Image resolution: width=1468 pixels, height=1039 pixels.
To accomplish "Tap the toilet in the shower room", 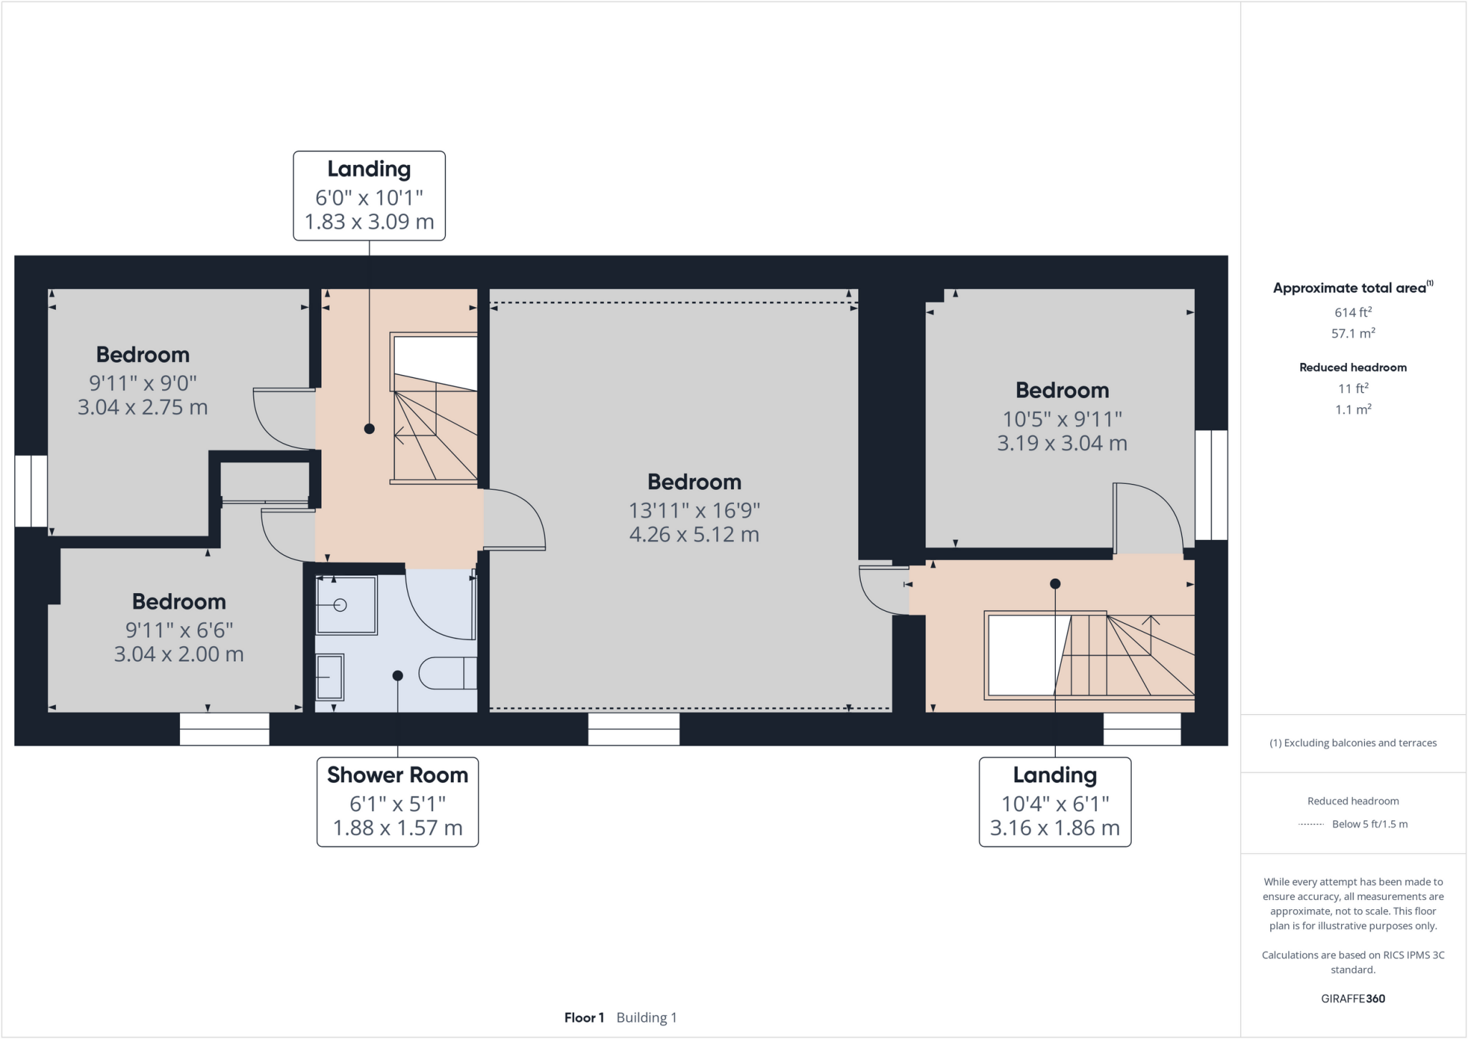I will click(x=447, y=673).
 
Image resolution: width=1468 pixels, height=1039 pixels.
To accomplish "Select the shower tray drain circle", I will click(x=340, y=605).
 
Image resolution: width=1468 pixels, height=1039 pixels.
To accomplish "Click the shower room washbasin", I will click(x=330, y=676).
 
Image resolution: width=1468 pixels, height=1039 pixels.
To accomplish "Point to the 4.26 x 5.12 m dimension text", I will click(x=694, y=535).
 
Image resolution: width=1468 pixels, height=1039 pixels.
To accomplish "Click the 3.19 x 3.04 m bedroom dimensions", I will click(x=1062, y=443).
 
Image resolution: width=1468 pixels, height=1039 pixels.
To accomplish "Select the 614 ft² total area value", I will click(x=1353, y=312).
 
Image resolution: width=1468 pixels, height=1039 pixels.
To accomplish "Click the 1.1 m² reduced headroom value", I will click(x=1353, y=409).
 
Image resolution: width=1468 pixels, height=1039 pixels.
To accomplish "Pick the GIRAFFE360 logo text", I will click(x=1353, y=998).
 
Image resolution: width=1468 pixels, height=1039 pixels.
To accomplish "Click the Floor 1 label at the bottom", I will click(x=583, y=1017).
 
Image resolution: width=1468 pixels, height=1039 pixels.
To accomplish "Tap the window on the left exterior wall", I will click(x=31, y=491).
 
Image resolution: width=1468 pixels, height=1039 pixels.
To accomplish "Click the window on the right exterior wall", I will click(x=1211, y=485).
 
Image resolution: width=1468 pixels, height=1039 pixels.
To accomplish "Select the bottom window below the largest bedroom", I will click(x=634, y=729).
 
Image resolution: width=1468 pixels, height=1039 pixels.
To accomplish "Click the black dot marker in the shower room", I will click(x=398, y=675).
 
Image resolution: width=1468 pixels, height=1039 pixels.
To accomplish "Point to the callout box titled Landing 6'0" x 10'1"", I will click(x=369, y=195).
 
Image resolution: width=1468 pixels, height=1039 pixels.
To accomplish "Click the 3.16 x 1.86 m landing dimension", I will click(x=1054, y=828).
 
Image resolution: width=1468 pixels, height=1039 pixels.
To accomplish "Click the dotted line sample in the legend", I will click(x=1311, y=825).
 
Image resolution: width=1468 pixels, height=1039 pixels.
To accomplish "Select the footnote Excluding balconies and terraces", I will click(x=1353, y=743).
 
